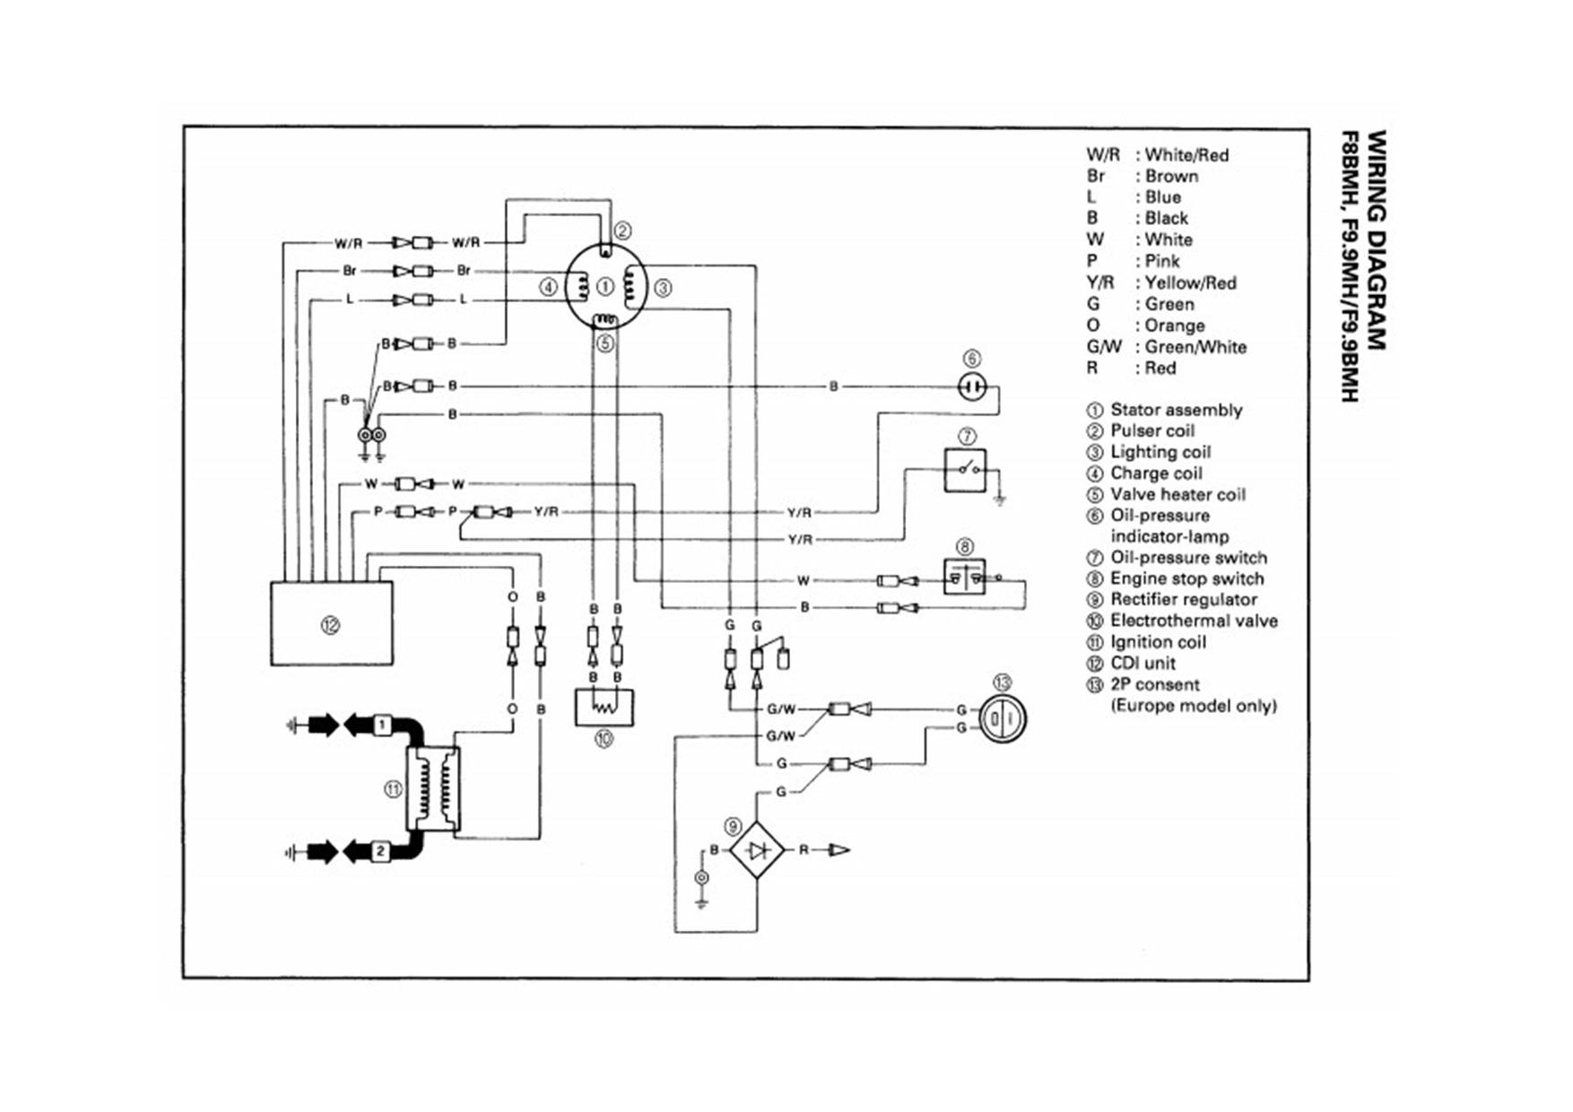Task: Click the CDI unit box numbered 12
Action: (x=331, y=623)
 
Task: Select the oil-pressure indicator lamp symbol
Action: (x=972, y=387)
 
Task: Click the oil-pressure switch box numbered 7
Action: (x=965, y=470)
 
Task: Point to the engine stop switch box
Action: (x=964, y=577)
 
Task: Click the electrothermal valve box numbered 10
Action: (x=604, y=708)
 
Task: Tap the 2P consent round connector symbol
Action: (x=1002, y=719)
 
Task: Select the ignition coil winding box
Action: (x=433, y=788)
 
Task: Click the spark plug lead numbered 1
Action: (x=381, y=724)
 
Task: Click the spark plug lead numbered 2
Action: (x=380, y=851)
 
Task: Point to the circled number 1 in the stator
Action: (x=605, y=287)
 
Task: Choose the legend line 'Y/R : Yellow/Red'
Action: (x=1161, y=282)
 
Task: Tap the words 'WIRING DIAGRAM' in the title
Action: (x=1377, y=240)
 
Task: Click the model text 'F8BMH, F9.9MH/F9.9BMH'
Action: (x=1350, y=266)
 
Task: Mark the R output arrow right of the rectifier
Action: (x=839, y=849)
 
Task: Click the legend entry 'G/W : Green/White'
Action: (x=1166, y=347)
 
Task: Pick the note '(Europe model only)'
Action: (x=1193, y=706)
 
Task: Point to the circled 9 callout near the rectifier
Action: (x=734, y=826)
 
